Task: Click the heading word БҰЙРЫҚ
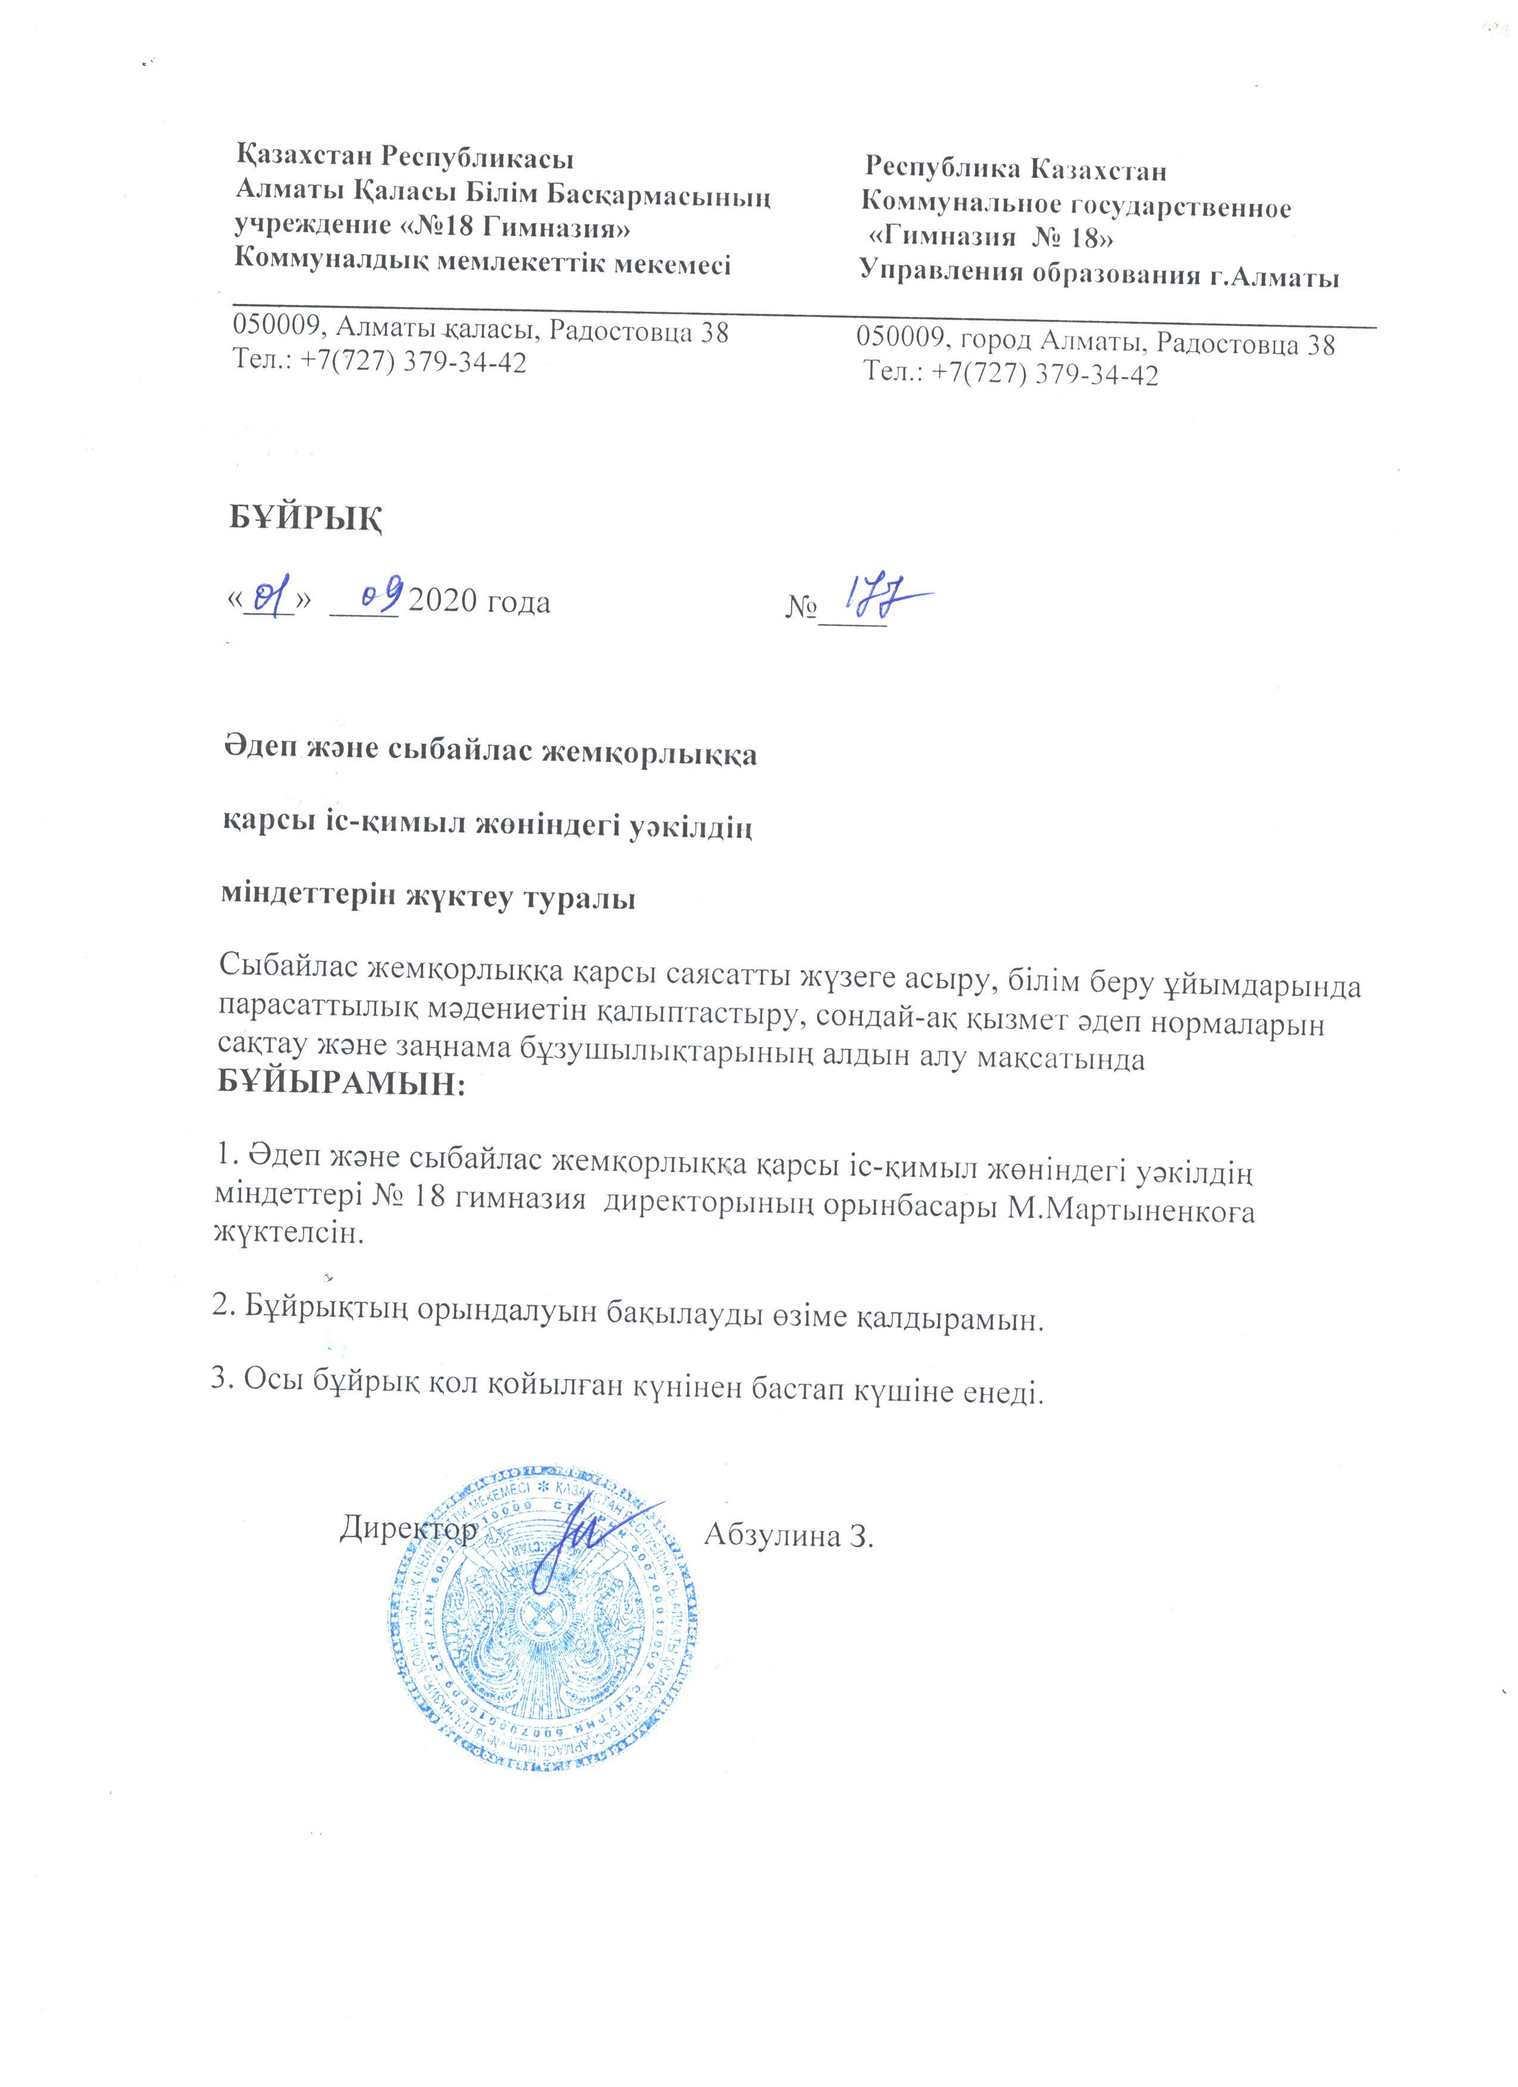(x=305, y=519)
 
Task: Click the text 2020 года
(x=480, y=603)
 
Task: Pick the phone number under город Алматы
(x=1011, y=375)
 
